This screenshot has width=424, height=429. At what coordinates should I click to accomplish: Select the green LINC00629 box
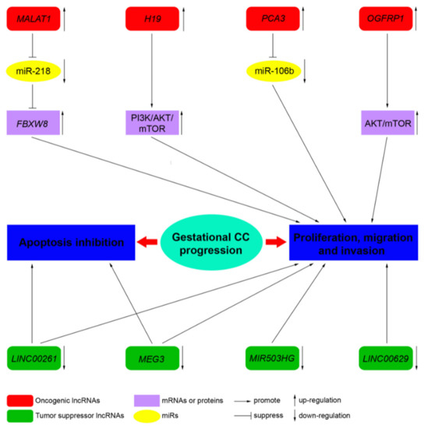click(x=390, y=358)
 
